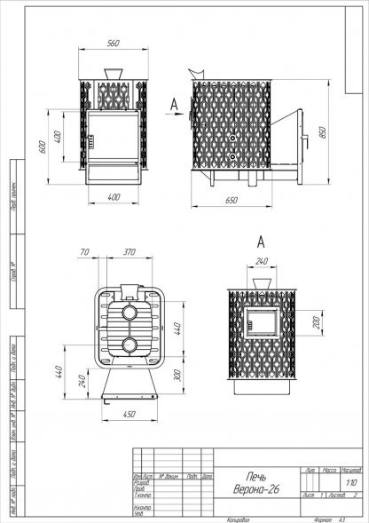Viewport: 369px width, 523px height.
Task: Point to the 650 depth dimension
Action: click(232, 202)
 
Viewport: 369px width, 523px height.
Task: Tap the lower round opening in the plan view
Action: click(130, 345)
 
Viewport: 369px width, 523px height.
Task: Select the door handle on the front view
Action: click(87, 138)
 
